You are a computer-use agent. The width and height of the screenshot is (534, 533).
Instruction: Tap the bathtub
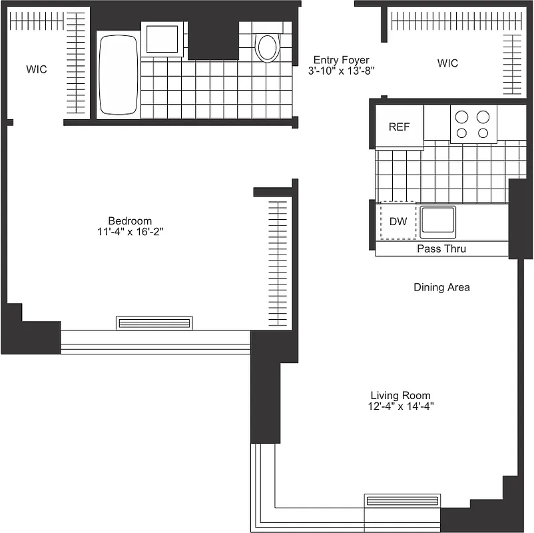119,75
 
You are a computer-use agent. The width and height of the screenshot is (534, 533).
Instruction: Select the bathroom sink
162,39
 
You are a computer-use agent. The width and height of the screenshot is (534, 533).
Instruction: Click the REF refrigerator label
400,127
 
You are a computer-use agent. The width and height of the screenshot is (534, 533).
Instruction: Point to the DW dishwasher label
398,221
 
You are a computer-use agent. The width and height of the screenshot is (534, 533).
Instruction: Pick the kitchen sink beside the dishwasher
437,221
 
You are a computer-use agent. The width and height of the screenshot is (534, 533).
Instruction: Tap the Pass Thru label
441,249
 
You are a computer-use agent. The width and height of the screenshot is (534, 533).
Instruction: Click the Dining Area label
441,287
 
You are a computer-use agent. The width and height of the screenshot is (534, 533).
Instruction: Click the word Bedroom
130,221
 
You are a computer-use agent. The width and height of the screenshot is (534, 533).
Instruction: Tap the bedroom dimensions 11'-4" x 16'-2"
130,232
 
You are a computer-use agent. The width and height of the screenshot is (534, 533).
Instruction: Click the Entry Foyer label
341,60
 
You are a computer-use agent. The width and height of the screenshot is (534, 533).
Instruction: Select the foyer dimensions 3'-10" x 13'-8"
341,71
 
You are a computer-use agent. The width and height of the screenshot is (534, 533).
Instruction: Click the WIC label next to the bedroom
37,69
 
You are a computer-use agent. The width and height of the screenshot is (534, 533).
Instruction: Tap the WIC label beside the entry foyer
447,63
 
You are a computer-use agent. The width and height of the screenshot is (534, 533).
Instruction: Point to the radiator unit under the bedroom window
154,323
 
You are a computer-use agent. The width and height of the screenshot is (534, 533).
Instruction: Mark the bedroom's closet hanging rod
277,263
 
